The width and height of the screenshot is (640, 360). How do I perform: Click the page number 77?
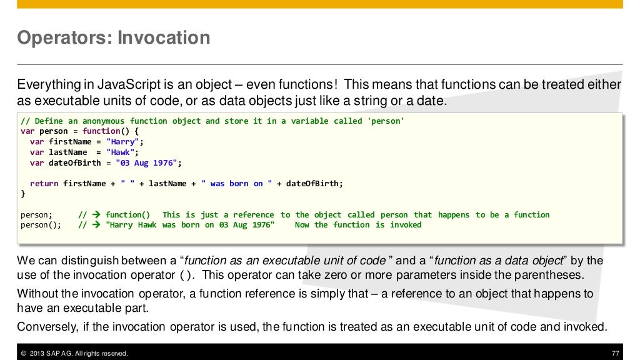[x=615, y=354]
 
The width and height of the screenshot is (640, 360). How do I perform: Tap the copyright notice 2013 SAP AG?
[x=74, y=354]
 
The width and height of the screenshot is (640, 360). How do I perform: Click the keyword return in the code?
[x=44, y=184]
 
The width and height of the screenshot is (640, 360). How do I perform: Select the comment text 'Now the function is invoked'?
[x=358, y=225]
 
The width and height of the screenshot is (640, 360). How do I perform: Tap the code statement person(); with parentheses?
[x=41, y=225]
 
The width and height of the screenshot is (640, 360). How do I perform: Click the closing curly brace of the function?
[x=23, y=194]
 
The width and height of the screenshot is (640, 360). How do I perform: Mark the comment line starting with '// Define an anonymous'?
[x=212, y=121]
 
